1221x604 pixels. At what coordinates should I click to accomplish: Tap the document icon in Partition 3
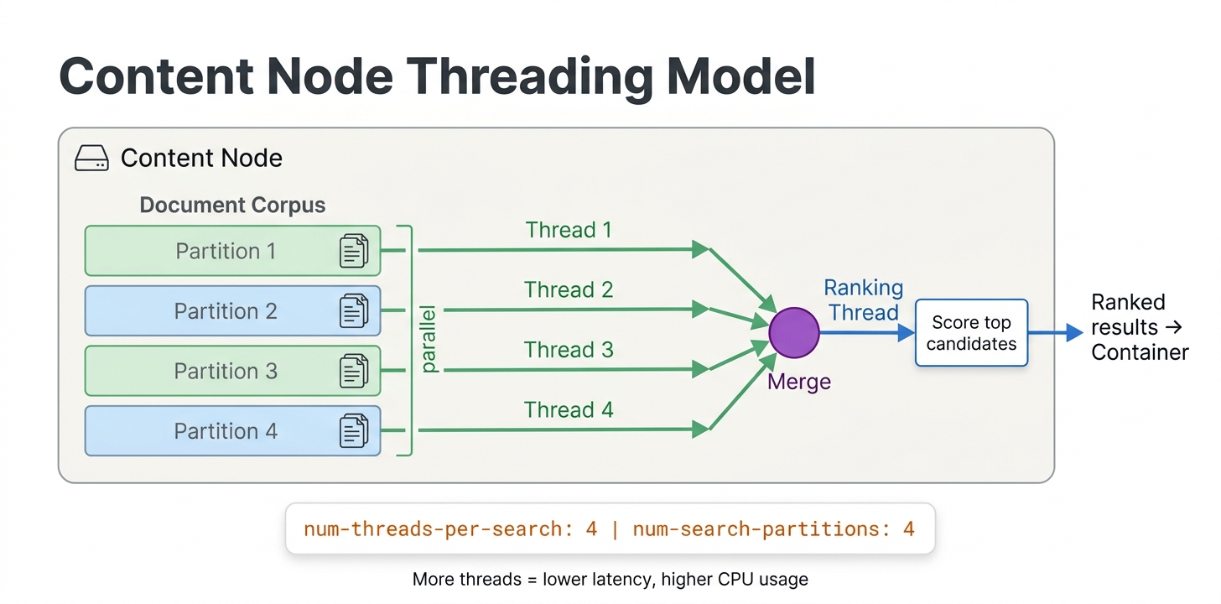[x=354, y=371]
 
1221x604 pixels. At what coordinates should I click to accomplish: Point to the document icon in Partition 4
[x=354, y=431]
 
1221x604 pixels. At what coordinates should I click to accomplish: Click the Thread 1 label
[x=569, y=230]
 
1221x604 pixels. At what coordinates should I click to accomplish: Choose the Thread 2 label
[x=569, y=290]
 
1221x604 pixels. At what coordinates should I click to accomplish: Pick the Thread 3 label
[x=569, y=350]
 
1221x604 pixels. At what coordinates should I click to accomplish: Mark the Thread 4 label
[x=569, y=410]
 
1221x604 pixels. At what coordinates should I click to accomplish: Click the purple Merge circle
[x=793, y=332]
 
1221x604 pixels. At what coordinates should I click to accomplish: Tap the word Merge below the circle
[x=799, y=382]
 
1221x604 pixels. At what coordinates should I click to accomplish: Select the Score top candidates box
[x=971, y=333]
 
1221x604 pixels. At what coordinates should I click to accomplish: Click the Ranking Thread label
[x=863, y=300]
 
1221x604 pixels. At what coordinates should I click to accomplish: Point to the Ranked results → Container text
[x=1139, y=327]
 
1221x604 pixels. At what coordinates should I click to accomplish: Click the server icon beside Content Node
[x=91, y=159]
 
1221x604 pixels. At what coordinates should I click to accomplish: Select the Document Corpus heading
[x=232, y=206]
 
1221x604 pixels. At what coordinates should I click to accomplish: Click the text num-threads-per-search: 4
[x=450, y=529]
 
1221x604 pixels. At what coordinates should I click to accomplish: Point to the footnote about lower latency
[x=610, y=580]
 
